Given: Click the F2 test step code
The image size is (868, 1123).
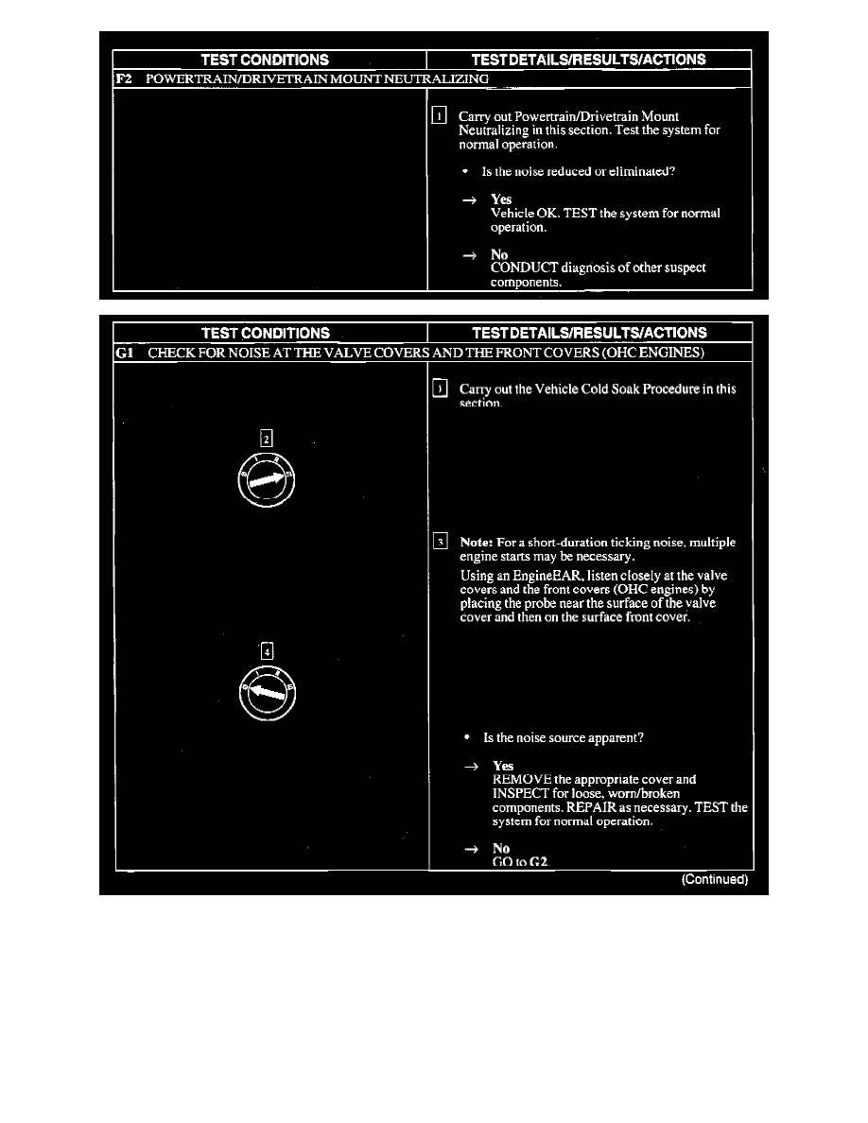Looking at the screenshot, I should (x=123, y=78).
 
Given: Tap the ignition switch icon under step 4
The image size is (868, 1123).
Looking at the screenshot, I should (x=268, y=692).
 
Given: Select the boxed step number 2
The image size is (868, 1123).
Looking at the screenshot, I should (x=268, y=438).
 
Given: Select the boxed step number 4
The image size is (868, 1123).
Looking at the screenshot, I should (x=268, y=651).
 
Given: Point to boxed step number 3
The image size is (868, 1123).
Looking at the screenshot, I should (x=440, y=542).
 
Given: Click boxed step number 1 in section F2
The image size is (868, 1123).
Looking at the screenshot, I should (x=439, y=116).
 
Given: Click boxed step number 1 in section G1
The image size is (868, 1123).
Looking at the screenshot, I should (x=439, y=389).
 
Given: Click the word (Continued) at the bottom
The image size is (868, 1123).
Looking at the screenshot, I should (x=715, y=880).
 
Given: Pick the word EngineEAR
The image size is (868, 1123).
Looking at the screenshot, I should (x=540, y=576).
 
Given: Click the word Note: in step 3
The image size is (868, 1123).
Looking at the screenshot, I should (x=477, y=543).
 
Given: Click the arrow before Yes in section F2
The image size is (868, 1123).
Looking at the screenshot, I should (x=468, y=200).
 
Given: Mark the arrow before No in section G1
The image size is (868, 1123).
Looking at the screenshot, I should (x=470, y=850).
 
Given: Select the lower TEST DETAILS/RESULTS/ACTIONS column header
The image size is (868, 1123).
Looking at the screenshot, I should (x=588, y=333).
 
